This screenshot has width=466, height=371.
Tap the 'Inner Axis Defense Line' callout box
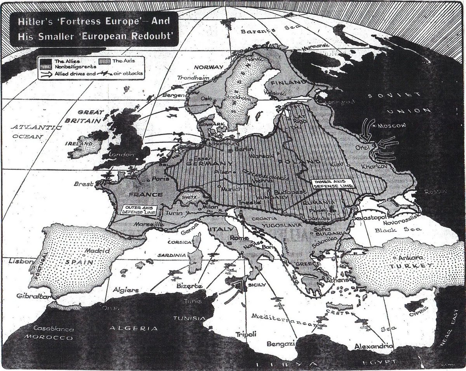(x=333, y=184)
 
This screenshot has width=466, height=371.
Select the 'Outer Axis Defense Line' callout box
(x=138, y=210)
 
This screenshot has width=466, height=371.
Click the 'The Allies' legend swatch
(x=46, y=62)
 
